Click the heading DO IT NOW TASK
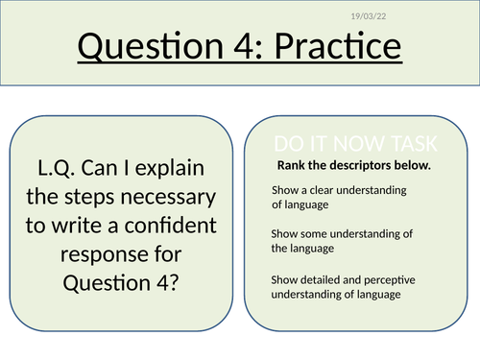pyautogui.click(x=355, y=145)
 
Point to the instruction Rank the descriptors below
pyautogui.click(x=353, y=165)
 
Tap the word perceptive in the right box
pyautogui.click(x=387, y=279)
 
